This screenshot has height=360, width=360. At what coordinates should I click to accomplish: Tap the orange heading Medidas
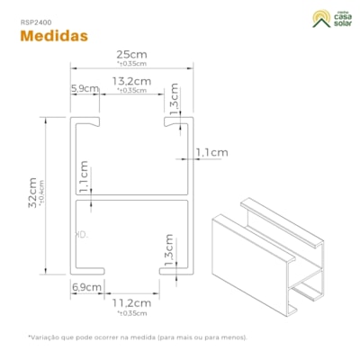pyautogui.click(x=53, y=36)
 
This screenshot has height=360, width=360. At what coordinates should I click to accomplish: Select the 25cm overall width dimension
pyautogui.click(x=131, y=54)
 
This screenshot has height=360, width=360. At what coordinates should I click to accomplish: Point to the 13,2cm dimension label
pyautogui.click(x=131, y=81)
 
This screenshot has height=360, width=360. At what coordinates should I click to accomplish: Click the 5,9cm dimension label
pyautogui.click(x=84, y=88)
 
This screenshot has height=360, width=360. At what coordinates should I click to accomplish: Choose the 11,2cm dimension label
pyautogui.click(x=131, y=303)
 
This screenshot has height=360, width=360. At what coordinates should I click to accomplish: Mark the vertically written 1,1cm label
pyautogui.click(x=83, y=177)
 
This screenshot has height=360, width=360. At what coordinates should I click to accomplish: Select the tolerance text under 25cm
pyautogui.click(x=131, y=65)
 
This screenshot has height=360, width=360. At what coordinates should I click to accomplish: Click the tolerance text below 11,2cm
pyautogui.click(x=131, y=313)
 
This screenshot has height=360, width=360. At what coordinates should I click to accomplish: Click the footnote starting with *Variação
pyautogui.click(x=138, y=337)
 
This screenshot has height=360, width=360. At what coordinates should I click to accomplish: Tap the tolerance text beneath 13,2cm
pyautogui.click(x=131, y=91)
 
